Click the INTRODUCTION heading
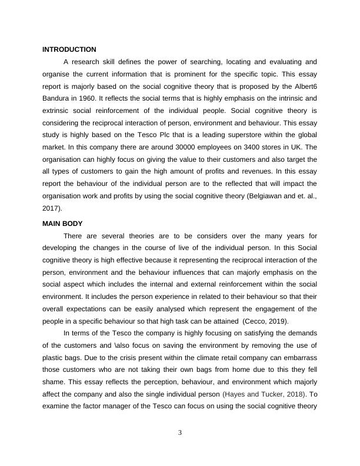[x=69, y=49]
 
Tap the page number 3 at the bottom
[x=180, y=434]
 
